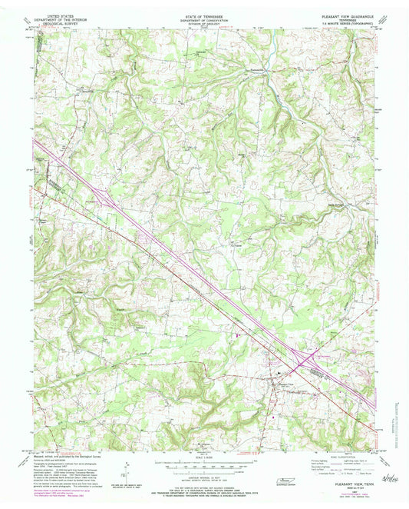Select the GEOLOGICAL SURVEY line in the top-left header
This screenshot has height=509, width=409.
click(61, 21)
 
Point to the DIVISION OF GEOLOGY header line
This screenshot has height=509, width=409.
click(204, 21)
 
